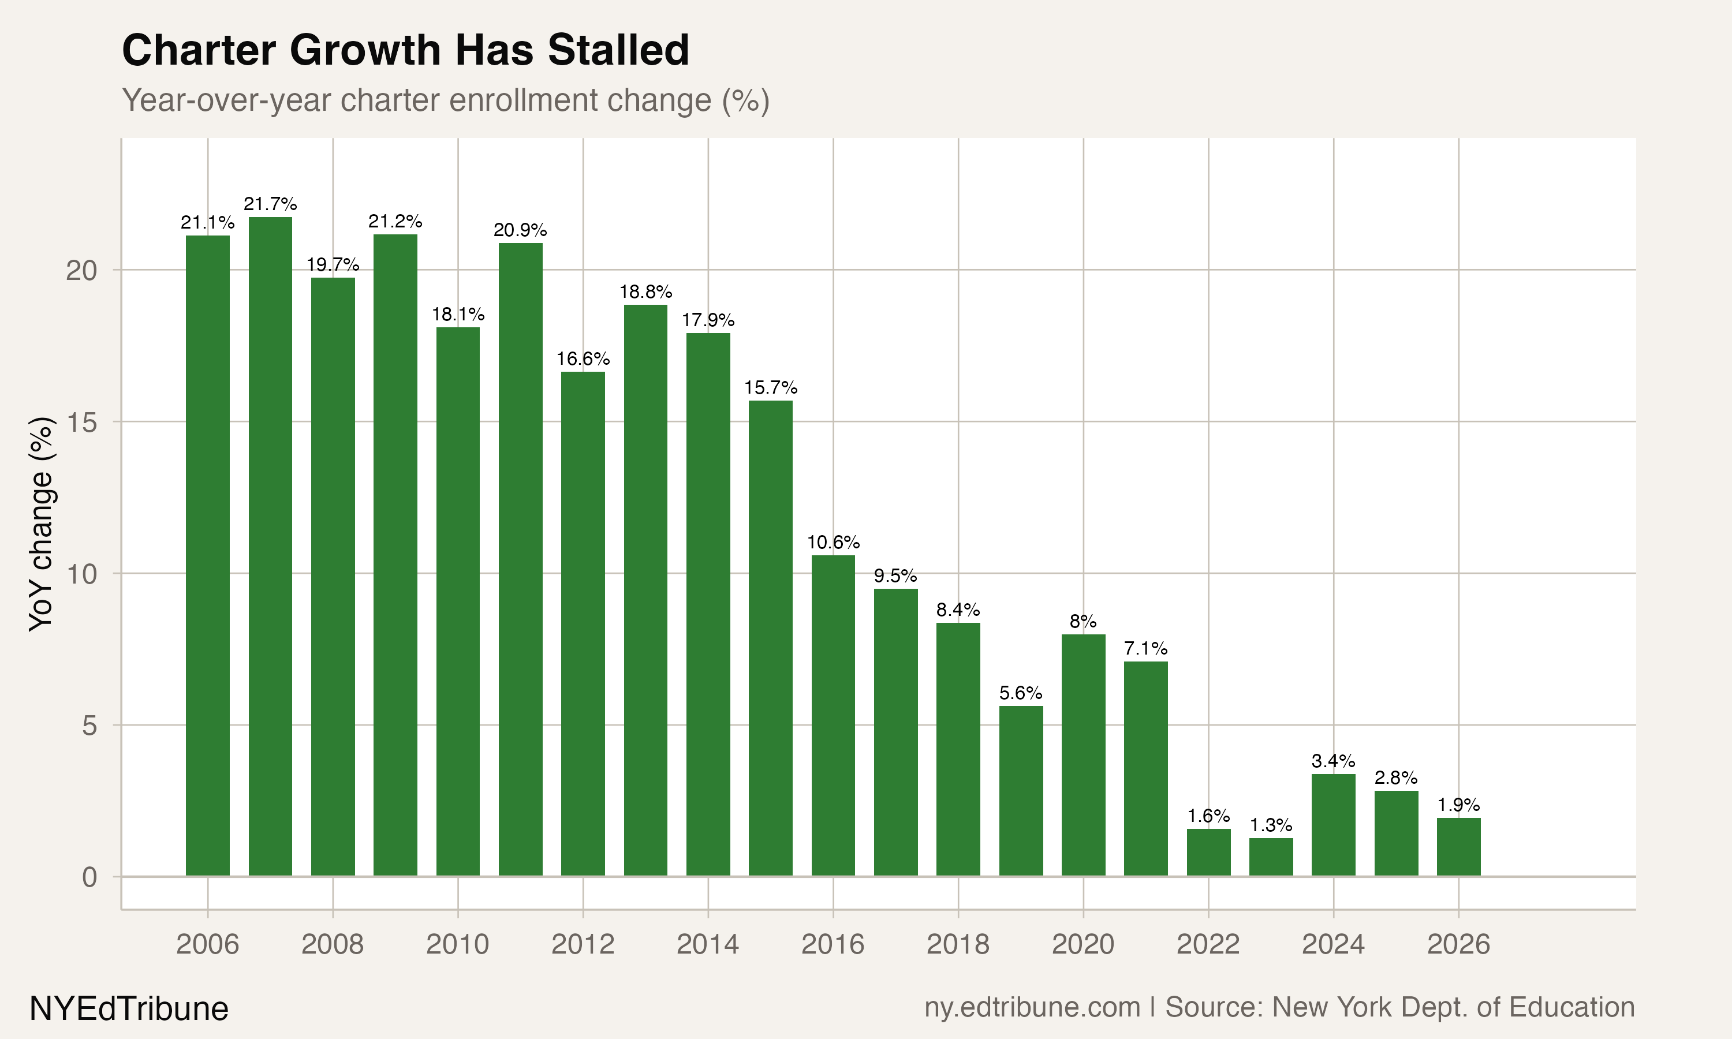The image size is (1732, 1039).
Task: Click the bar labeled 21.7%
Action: point(270,546)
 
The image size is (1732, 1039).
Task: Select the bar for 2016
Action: point(833,714)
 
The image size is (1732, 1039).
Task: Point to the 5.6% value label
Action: point(1021,693)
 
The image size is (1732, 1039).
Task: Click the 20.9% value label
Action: point(520,230)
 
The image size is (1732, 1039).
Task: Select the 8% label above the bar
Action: point(1083,621)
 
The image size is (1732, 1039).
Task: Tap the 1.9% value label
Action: point(1458,805)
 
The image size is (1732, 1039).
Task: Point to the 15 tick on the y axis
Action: point(81,421)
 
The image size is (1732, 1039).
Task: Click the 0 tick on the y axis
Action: point(89,877)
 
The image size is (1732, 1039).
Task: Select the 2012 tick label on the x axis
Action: point(583,944)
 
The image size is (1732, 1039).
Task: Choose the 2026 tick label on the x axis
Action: point(1458,944)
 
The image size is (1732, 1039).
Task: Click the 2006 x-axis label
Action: point(207,944)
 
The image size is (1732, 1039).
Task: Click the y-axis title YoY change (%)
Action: point(42,524)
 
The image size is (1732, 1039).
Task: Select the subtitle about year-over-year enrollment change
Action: point(446,100)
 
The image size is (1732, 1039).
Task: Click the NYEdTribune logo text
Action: point(129,1009)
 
